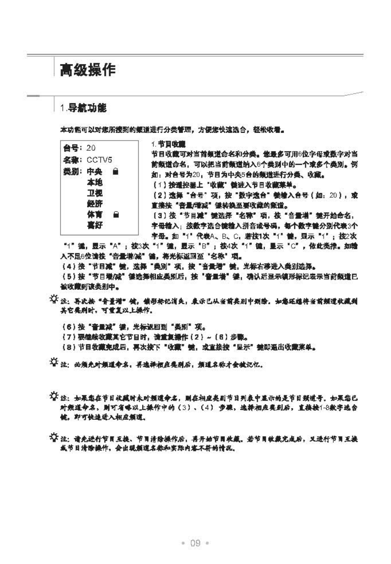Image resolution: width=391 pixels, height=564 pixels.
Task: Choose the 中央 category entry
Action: (x=95, y=172)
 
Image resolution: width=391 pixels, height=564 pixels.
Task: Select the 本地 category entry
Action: (x=95, y=182)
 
